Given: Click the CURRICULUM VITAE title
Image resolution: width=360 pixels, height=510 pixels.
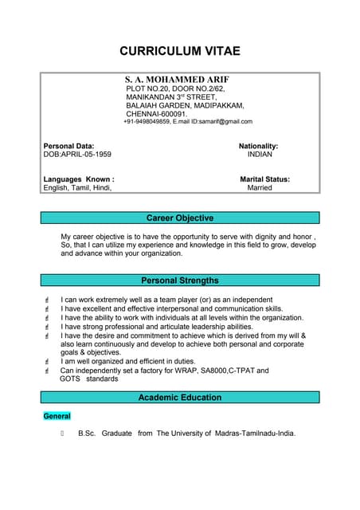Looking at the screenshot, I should point(179,51).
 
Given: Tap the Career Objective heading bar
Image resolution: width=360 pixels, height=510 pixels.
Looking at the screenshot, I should point(180,218).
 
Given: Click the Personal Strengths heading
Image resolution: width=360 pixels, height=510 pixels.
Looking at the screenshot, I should point(180,280).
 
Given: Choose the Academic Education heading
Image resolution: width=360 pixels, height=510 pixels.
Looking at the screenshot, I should point(180,397).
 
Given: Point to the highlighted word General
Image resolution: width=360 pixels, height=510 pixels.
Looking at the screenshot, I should point(57,416).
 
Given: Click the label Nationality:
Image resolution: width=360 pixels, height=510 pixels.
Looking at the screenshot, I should point(258,147).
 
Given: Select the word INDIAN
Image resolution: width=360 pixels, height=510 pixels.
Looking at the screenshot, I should point(260,155).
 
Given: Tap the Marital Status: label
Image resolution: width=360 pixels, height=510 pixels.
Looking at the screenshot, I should point(264,179).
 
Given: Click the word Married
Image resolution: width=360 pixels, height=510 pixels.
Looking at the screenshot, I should point(260,188).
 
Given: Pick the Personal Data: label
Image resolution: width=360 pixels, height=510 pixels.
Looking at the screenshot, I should point(68,147).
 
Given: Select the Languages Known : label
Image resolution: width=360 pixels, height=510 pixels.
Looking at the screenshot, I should point(78,179).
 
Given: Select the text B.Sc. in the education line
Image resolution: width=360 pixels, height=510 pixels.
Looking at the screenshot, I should point(87,433).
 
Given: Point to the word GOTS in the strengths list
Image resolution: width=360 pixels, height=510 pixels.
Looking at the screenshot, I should point(70,379).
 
